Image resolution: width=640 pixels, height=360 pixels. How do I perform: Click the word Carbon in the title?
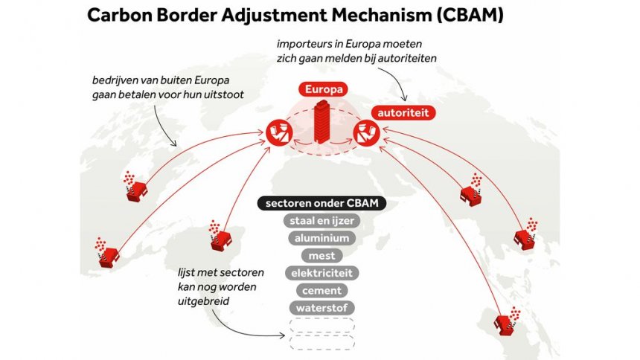coord(121,16)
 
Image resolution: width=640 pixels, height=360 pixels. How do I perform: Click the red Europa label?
coord(324,89)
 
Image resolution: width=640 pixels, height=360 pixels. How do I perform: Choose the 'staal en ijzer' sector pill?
coord(321,221)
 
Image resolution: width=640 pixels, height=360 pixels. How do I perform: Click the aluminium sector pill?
coord(321,239)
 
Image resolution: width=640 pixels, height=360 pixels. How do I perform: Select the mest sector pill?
coord(321,256)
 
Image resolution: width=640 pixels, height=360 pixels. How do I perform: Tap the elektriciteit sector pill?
coord(321,273)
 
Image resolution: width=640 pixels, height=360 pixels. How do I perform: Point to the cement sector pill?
coord(321,290)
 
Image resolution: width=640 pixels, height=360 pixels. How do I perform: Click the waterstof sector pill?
coord(321,307)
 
